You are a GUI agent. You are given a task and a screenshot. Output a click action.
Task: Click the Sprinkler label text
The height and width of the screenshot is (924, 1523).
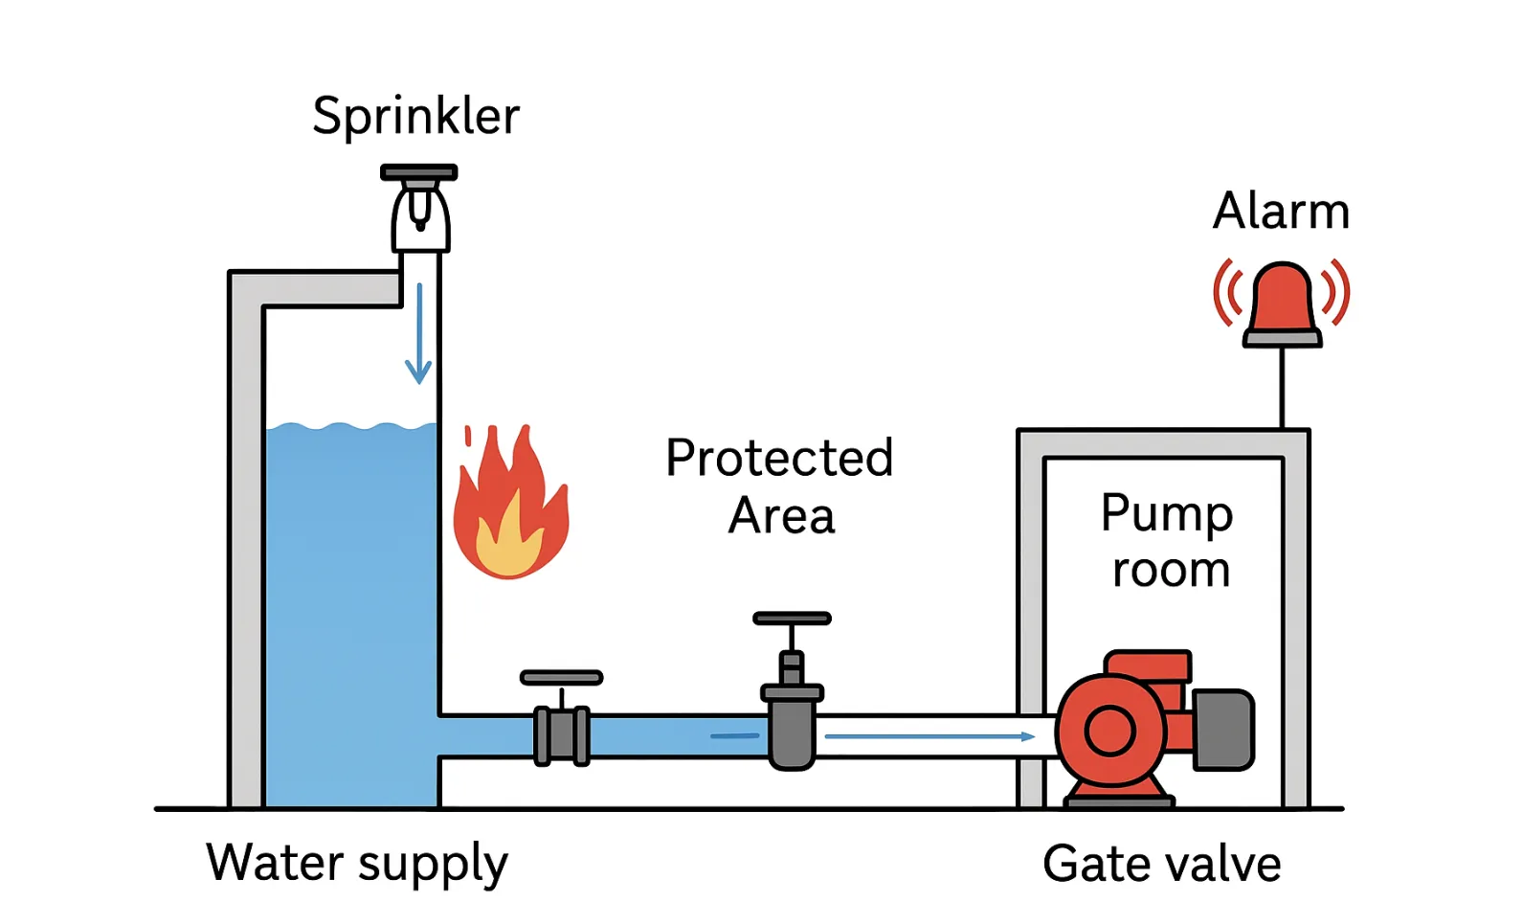415,117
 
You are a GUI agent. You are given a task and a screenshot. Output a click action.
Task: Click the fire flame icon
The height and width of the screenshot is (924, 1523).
509,507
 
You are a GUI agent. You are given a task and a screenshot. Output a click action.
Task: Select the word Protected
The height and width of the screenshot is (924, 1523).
779,458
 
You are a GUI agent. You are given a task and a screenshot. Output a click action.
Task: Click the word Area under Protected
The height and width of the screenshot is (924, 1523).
781,516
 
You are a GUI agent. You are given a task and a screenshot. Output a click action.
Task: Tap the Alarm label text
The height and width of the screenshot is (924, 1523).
1281,211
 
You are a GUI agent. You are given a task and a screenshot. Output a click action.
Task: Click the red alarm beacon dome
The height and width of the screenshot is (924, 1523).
1282,299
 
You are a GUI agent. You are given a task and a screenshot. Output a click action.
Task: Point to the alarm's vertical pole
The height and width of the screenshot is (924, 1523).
1282,388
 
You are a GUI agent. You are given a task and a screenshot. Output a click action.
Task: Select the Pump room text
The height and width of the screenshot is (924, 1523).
1168,541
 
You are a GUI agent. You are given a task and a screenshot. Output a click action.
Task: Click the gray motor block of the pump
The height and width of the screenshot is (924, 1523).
1225,730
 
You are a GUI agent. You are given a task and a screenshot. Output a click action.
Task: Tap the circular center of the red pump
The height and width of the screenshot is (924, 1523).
1110,732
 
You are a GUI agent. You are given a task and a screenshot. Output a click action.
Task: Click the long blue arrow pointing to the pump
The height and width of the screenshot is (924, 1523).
929,736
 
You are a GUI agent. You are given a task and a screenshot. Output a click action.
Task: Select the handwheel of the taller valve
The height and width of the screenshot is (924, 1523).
792,619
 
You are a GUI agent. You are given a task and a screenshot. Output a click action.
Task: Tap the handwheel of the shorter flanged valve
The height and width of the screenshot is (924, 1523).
561,678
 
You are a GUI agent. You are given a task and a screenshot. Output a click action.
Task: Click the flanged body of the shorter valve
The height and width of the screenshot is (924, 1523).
562,735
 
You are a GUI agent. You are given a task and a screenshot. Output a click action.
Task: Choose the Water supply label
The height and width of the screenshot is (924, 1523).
357,863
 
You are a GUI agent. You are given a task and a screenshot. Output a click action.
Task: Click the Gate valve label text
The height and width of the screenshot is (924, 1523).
1161,864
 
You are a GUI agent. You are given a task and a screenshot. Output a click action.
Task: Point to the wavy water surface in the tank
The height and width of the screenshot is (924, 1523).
350,427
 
